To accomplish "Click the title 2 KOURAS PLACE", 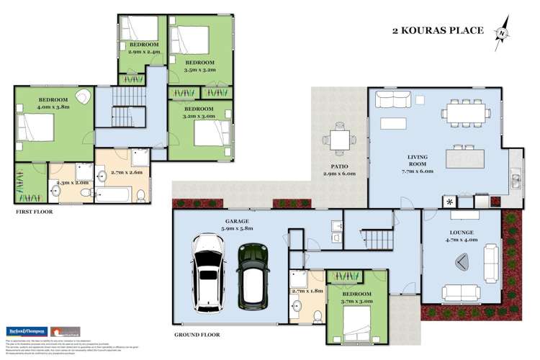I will click(x=437, y=31).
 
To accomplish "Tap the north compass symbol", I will click(x=501, y=33).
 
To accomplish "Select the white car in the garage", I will click(x=208, y=276).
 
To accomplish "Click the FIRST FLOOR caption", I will click(x=34, y=212).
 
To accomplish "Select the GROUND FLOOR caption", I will click(x=196, y=335).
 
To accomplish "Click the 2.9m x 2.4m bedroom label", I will click(x=143, y=48).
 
